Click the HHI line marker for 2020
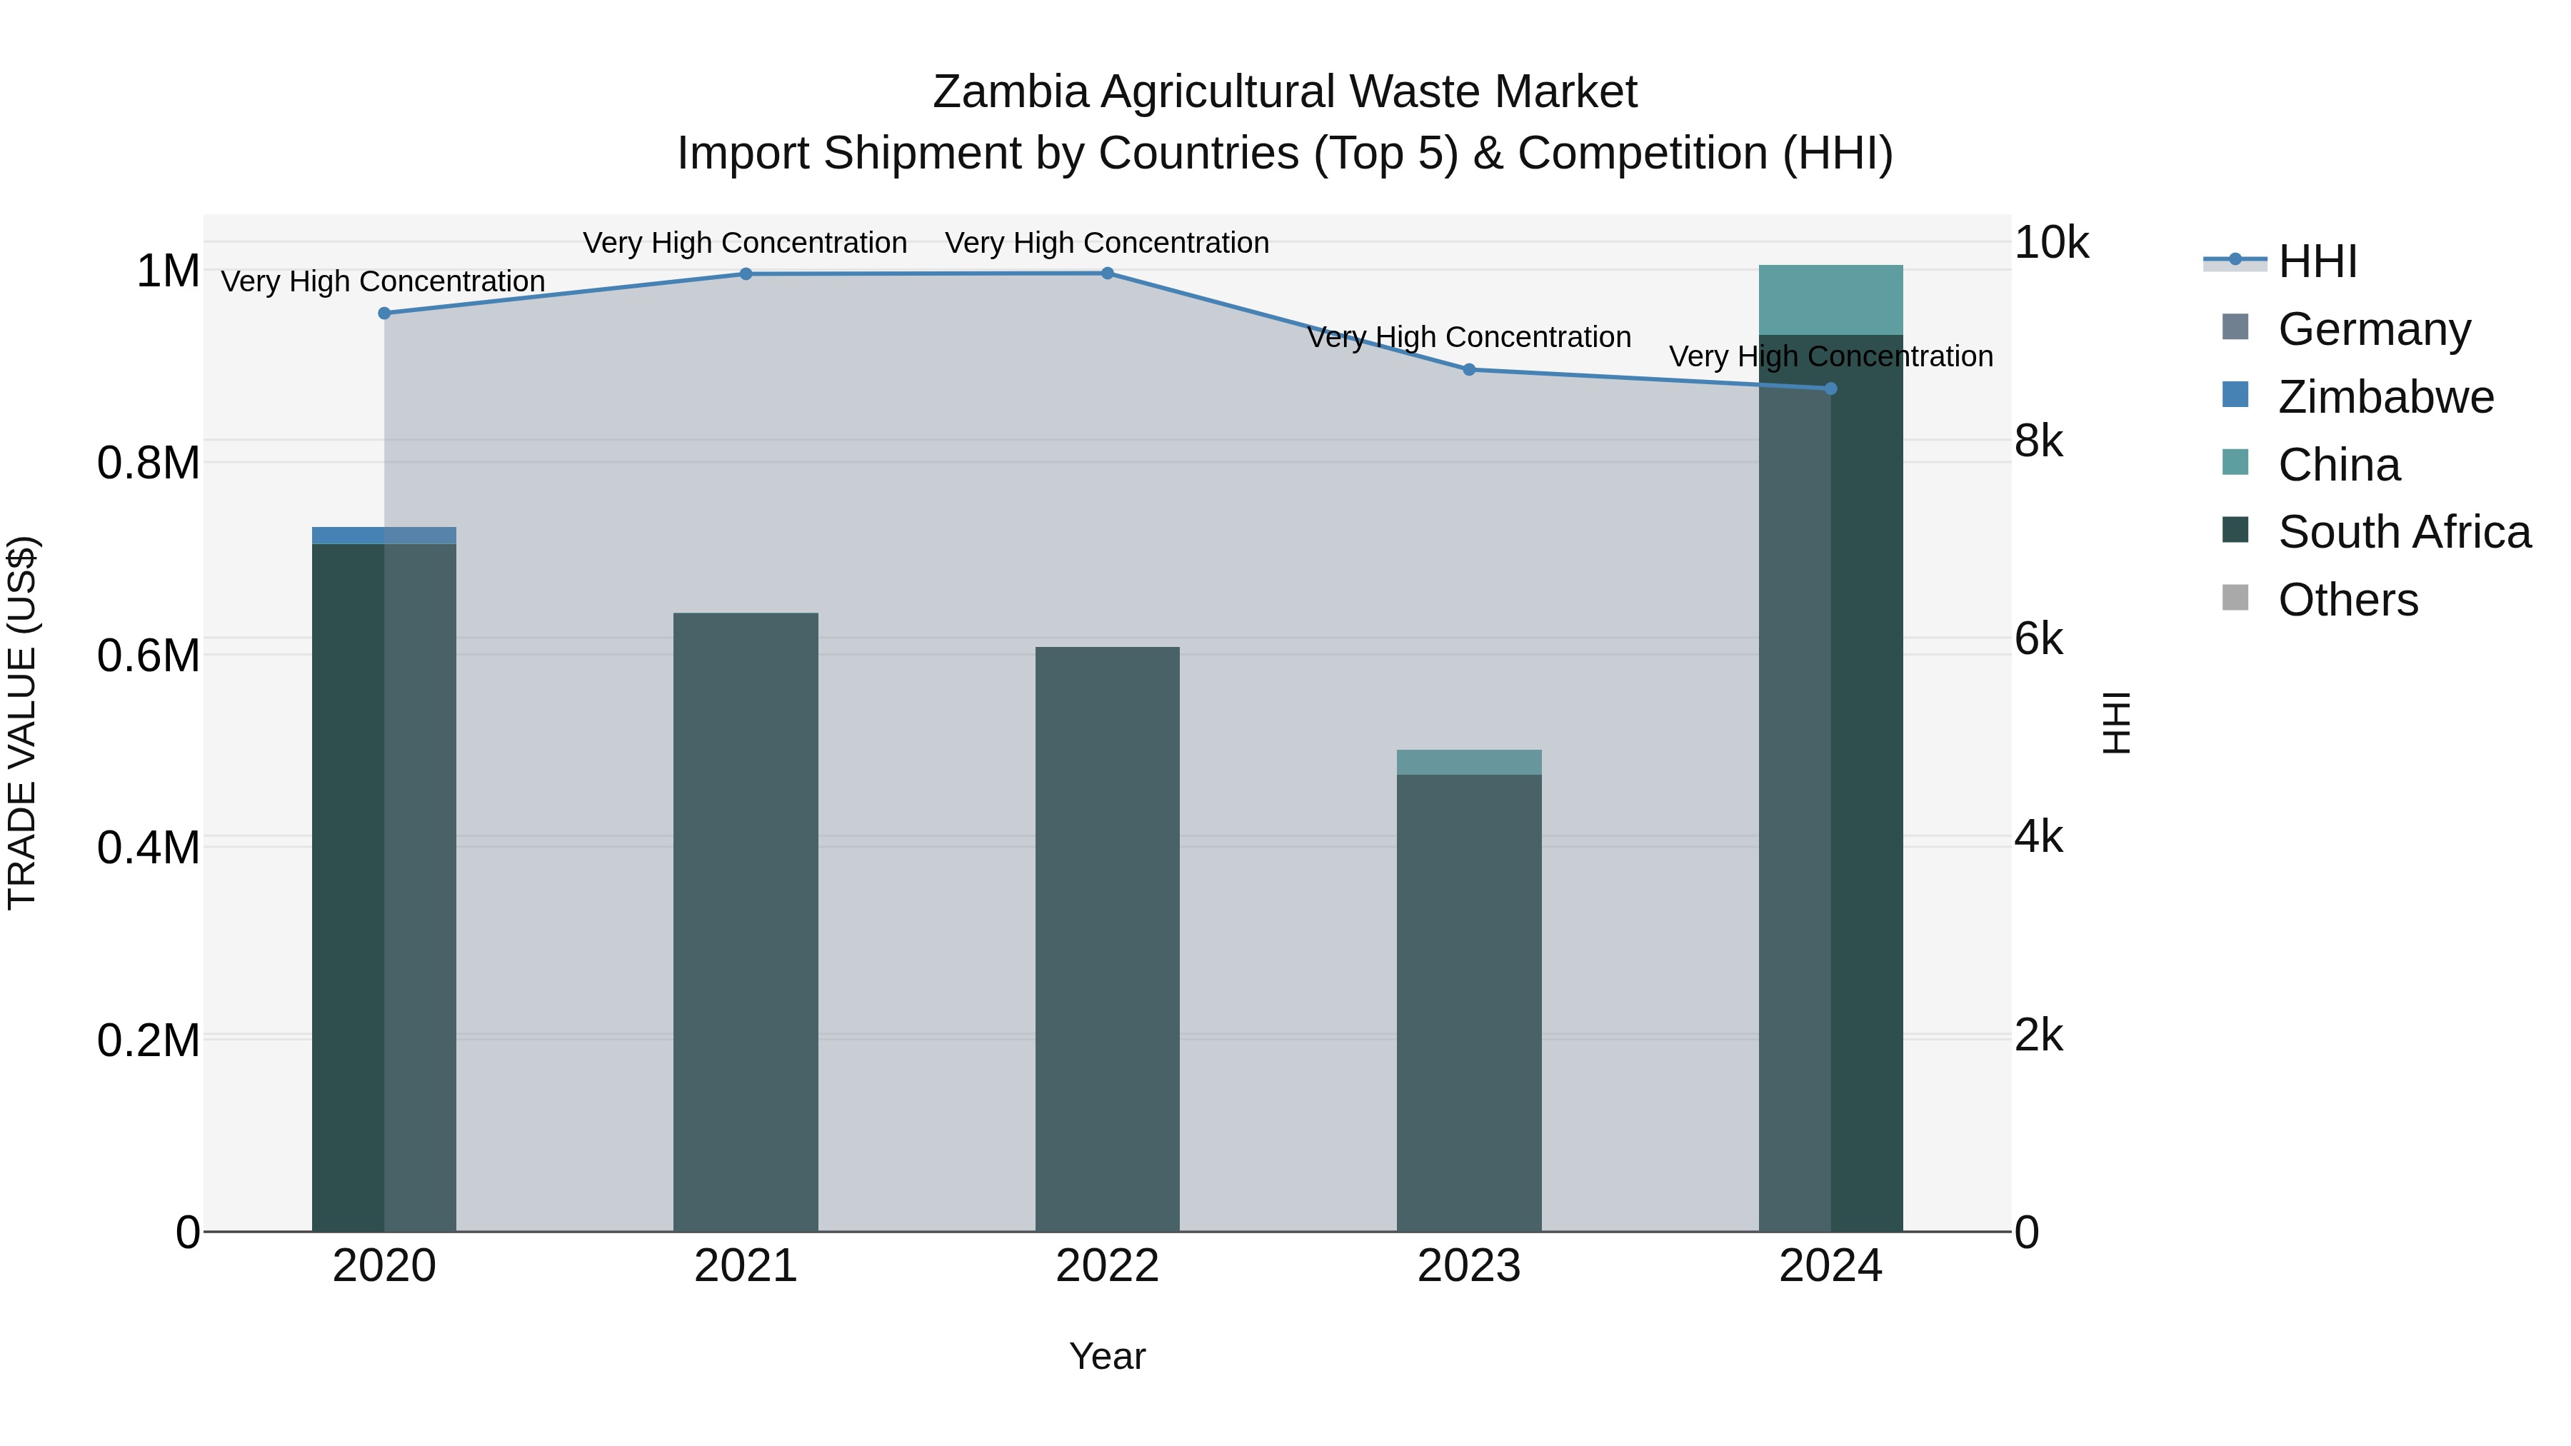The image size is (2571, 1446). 384,313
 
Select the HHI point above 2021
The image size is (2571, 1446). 746,273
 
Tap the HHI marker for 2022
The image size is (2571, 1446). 1107,273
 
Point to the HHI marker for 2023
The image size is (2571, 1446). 1469,369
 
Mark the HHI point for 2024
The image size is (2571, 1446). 1830,388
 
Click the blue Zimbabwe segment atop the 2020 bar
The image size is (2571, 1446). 384,535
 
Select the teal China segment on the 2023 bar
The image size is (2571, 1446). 1469,761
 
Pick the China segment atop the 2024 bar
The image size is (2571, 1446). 1830,299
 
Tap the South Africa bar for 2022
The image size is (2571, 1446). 1107,939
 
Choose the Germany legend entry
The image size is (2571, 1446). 2373,329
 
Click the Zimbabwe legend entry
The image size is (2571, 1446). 2385,397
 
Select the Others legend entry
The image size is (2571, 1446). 2347,600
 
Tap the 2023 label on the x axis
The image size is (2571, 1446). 1469,1266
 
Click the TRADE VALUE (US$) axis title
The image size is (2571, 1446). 22,723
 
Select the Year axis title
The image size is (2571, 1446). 1107,1356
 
